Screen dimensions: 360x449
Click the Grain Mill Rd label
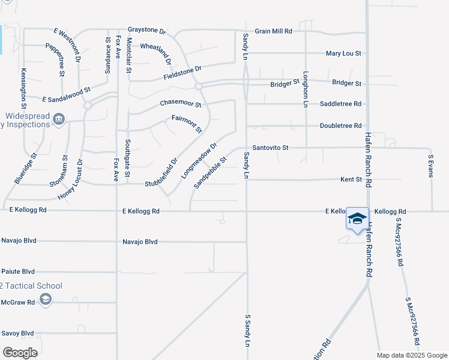click(273, 31)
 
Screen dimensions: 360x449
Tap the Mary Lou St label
click(343, 53)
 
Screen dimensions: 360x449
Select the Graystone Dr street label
click(146, 29)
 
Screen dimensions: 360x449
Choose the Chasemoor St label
click(181, 104)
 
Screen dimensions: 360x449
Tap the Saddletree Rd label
click(341, 104)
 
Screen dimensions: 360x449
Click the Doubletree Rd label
click(341, 126)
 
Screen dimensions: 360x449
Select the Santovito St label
click(271, 148)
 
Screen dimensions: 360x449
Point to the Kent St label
click(351, 179)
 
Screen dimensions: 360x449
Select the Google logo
click(20, 352)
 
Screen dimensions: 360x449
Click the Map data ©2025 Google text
click(411, 355)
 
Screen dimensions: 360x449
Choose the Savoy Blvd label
click(17, 333)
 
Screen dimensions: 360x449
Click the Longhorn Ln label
click(306, 89)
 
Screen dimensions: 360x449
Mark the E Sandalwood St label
click(66, 93)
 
